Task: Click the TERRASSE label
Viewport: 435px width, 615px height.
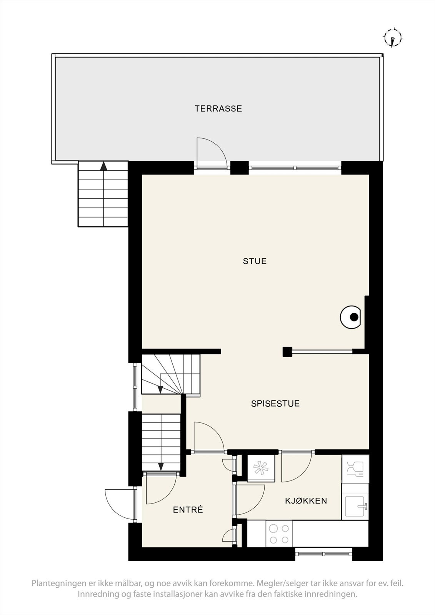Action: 218,109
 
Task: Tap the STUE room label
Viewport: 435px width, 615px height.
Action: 255,261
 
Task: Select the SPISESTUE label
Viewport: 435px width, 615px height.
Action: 275,404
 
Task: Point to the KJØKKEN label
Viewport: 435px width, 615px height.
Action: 306,501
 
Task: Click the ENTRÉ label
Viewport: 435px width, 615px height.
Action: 188,510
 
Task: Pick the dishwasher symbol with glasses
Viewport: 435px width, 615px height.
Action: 355,469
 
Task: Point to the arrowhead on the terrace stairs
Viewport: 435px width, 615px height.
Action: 103,166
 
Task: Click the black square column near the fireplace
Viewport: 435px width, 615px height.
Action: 287,352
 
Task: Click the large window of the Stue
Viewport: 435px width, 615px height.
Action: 295,168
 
